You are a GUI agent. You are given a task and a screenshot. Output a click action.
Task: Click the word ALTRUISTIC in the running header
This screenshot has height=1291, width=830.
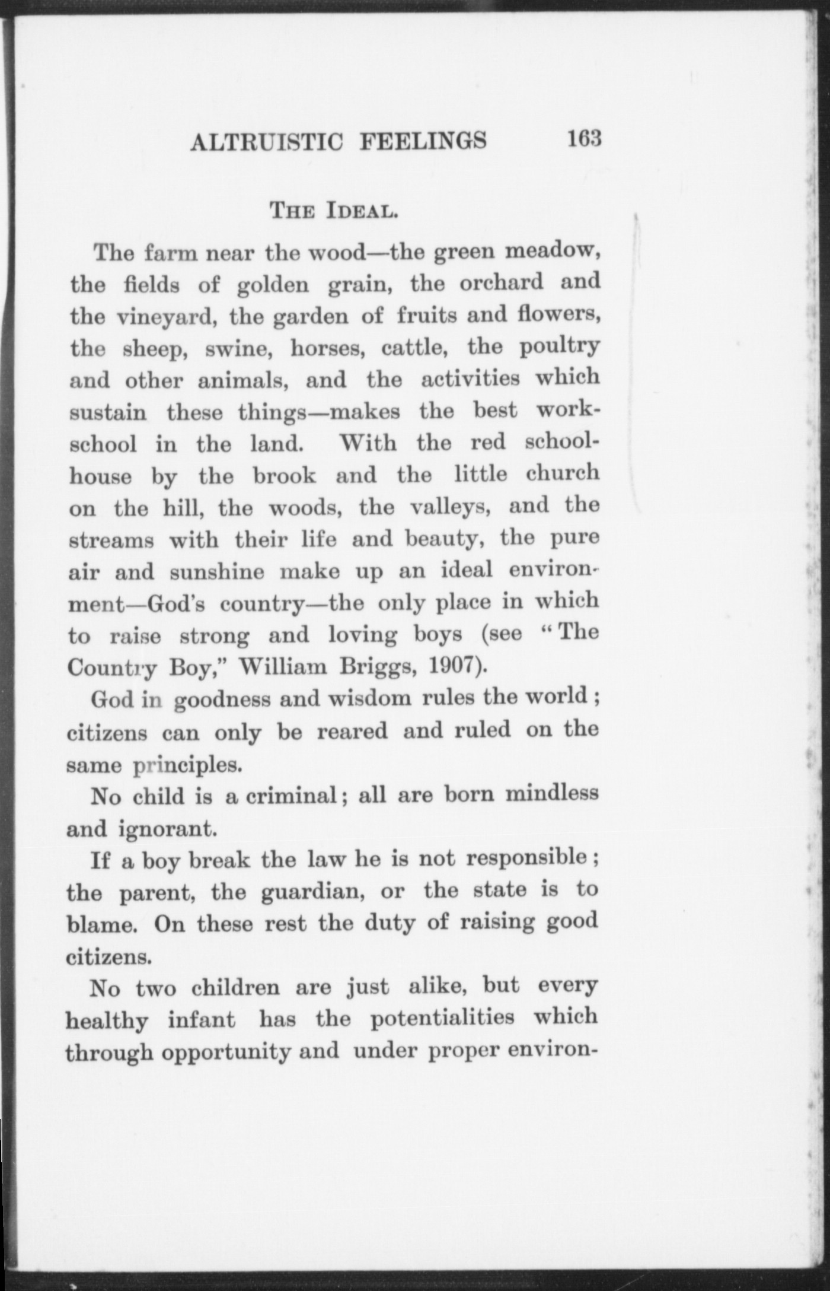(267, 142)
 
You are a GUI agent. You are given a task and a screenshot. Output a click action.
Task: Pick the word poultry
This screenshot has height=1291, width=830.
(559, 346)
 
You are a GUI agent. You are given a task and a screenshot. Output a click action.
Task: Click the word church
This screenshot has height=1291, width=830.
(562, 473)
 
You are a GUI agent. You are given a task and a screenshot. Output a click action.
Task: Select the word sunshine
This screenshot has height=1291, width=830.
(217, 572)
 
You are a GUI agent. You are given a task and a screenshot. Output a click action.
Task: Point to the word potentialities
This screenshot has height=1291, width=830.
(442, 1019)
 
